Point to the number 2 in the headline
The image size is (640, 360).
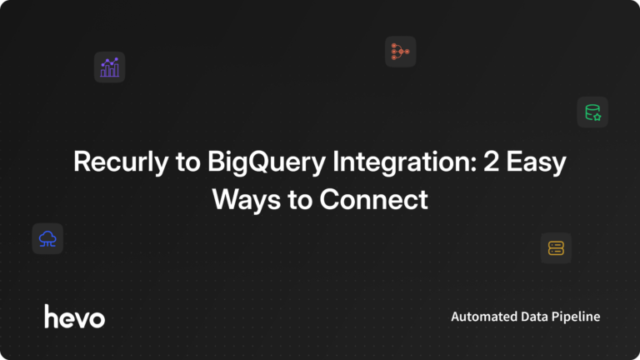tap(492, 162)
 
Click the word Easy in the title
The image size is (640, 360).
tap(537, 162)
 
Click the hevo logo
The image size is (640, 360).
tap(74, 317)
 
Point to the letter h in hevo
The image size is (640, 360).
tap(51, 316)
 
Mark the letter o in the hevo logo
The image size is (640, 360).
tap(97, 318)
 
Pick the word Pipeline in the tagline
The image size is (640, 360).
tap(579, 317)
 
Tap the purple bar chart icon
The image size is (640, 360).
tap(109, 67)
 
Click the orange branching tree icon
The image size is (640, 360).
tap(400, 52)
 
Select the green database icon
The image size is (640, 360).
tap(592, 112)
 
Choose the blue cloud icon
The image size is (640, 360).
tap(47, 239)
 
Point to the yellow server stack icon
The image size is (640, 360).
tap(556, 247)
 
